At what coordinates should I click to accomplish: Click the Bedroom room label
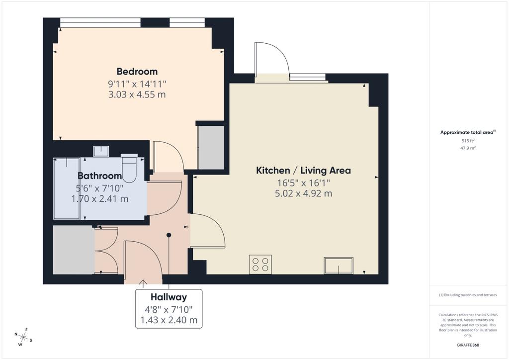pos(137,72)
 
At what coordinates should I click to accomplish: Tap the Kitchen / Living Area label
pos(303,171)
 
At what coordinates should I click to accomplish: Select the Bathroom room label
pos(99,176)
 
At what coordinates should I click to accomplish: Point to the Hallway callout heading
pos(169,297)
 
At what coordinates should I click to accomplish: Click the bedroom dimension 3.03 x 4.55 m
pos(137,94)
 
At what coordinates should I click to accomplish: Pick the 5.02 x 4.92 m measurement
pos(303,193)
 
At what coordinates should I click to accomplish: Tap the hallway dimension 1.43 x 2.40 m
pos(169,320)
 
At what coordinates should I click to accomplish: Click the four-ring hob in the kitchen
pos(260,264)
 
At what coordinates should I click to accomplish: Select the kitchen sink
pos(339,266)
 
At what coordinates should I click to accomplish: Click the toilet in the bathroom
pos(129,169)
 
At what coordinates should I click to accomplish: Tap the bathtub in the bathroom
pos(67,188)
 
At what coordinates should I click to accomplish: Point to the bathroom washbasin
pos(101,151)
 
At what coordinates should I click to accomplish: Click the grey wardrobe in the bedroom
pos(211,147)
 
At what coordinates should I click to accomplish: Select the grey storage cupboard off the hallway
pos(74,250)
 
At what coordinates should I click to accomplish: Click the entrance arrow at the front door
pos(143,283)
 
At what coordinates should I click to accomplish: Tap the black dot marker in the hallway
pos(169,235)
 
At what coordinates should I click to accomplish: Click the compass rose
pos(23,337)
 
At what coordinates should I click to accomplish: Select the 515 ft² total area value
pos(468,141)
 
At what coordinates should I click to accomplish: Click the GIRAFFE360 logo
pos(468,345)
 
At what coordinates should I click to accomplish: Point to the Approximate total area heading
pos(468,132)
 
